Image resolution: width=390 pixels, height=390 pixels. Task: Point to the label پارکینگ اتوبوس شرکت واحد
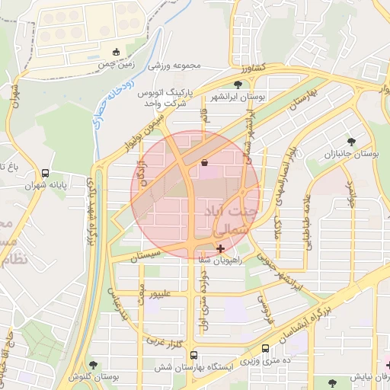pyautogui.click(x=167, y=97)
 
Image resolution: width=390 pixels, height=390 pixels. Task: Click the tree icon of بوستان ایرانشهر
pyautogui.click(x=238, y=84)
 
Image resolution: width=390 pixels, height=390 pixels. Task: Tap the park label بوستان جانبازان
pyautogui.click(x=352, y=154)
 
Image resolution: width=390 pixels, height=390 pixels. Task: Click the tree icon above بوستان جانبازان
pyautogui.click(x=351, y=141)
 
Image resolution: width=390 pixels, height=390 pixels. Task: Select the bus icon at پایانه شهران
pyautogui.click(x=46, y=174)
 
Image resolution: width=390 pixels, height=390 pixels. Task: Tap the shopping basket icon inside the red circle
pyautogui.click(x=204, y=162)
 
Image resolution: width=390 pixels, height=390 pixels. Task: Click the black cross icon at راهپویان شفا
pyautogui.click(x=221, y=248)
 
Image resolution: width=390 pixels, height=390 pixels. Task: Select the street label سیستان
pyautogui.click(x=145, y=254)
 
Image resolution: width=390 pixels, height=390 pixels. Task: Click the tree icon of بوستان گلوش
pyautogui.click(x=93, y=366)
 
